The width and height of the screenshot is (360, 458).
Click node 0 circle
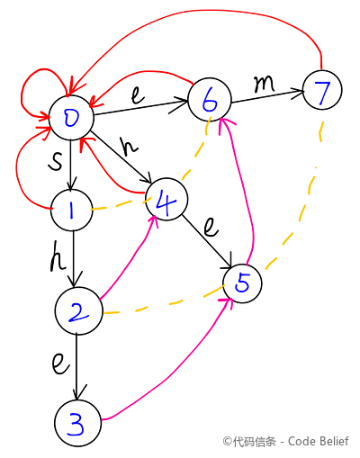pyautogui.click(x=71, y=118)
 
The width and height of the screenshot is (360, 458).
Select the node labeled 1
pyautogui.click(x=72, y=210)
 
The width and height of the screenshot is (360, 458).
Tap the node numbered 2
pyautogui.click(x=78, y=310)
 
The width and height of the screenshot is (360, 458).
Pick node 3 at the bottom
pyautogui.click(x=77, y=423)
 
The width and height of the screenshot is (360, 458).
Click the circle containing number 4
pyautogui.click(x=166, y=199)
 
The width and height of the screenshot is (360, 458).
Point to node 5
pyautogui.click(x=242, y=283)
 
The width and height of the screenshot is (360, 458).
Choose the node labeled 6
pyautogui.click(x=210, y=99)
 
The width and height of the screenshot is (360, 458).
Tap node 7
pyautogui.click(x=322, y=90)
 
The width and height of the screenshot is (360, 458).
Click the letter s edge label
pyautogui.click(x=56, y=160)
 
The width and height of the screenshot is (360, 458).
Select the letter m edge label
pyautogui.click(x=264, y=84)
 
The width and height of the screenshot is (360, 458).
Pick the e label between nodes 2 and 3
pyautogui.click(x=60, y=364)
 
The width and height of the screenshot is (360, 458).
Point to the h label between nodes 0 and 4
pyautogui.click(x=129, y=146)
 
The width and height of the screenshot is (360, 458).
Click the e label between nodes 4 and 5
pyautogui.click(x=211, y=227)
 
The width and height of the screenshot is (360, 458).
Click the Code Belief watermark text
pyautogui.click(x=318, y=441)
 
